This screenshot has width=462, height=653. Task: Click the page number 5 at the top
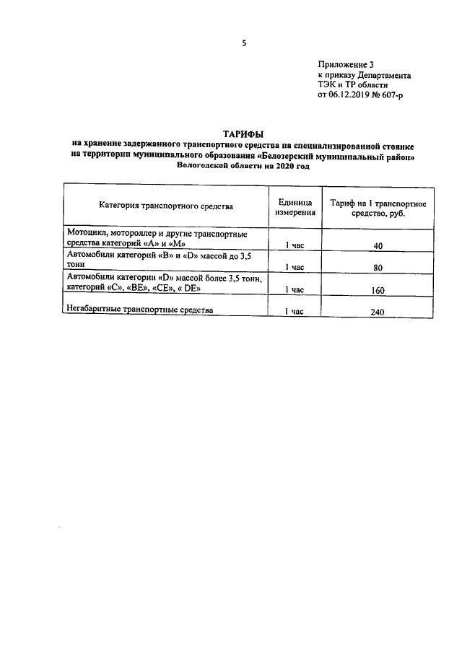click(244, 43)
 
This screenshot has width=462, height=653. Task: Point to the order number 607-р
click(398, 95)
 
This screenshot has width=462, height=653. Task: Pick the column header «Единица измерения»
click(295, 206)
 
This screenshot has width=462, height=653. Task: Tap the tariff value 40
click(378, 246)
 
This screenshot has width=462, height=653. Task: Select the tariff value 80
click(378, 267)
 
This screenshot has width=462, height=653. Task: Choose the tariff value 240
click(378, 312)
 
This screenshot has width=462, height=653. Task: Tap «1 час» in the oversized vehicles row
click(295, 312)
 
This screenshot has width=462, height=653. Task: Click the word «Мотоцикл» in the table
click(88, 235)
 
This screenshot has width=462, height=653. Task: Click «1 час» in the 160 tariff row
click(295, 289)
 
